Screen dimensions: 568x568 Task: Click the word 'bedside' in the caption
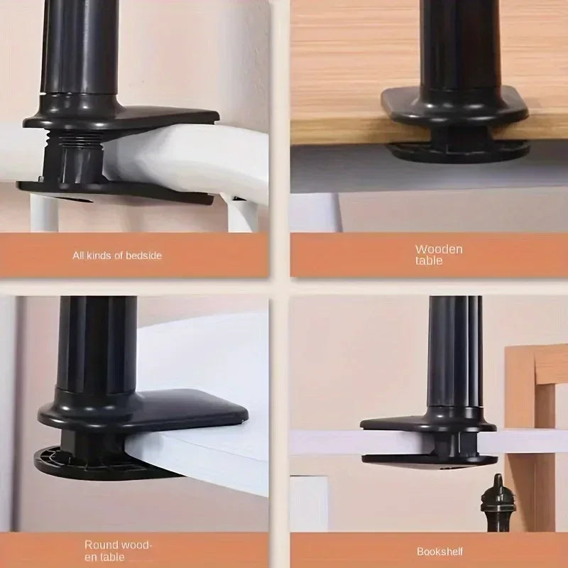click(x=144, y=255)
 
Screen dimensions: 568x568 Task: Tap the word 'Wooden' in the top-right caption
click(x=439, y=249)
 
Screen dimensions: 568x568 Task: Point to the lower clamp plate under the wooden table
click(x=458, y=150)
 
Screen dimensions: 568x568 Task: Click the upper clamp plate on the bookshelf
click(x=426, y=423)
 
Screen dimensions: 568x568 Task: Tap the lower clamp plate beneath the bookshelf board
click(x=426, y=459)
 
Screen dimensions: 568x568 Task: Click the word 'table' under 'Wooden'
click(x=430, y=261)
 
